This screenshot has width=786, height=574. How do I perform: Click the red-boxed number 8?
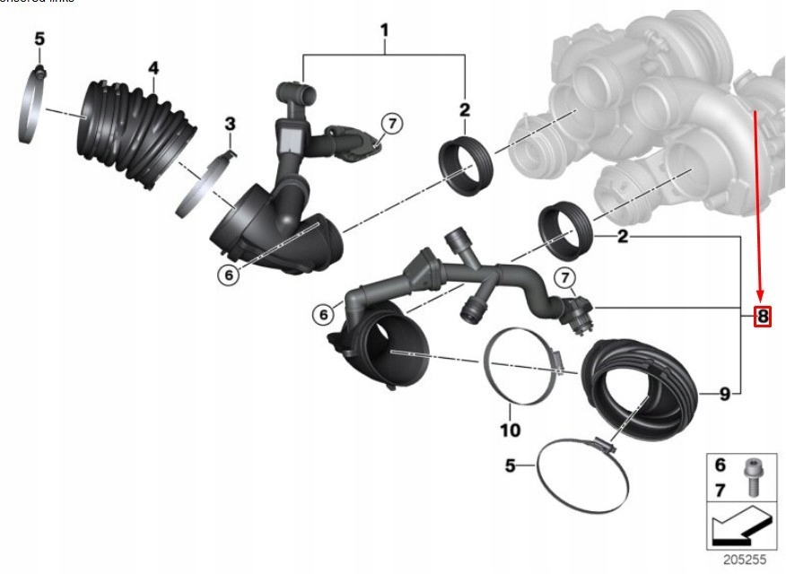click(762, 316)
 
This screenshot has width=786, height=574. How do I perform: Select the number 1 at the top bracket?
click(384, 32)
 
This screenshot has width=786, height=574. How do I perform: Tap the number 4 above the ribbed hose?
click(153, 68)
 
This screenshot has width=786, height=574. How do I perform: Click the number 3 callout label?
click(230, 123)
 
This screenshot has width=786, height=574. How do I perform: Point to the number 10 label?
click(510, 430)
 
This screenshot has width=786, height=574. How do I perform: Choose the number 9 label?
click(725, 393)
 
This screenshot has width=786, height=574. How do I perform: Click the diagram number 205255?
click(746, 558)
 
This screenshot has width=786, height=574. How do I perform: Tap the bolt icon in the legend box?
click(752, 476)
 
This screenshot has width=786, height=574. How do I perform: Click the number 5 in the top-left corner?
click(39, 39)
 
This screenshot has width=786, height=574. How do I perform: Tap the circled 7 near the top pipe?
click(390, 124)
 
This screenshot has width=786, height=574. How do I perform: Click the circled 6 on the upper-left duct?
click(229, 276)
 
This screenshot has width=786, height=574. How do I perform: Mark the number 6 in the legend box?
click(720, 465)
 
